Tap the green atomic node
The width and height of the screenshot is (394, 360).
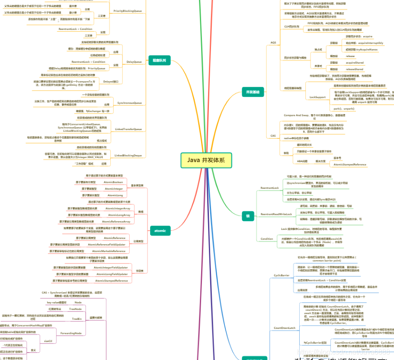click(x=160, y=230)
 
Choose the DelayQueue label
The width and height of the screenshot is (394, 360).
click(x=134, y=62)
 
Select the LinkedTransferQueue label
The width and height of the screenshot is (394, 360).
click(x=128, y=129)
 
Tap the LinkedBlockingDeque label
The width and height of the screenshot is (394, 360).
click(x=128, y=155)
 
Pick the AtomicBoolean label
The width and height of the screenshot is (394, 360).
click(x=114, y=182)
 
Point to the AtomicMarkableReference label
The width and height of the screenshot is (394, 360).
click(x=109, y=251)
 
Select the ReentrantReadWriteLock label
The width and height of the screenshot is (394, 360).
click(x=276, y=214)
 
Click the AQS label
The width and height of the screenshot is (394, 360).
click(x=273, y=42)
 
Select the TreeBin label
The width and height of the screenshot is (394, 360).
click(x=77, y=319)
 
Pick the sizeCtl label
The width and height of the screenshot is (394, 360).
click(x=48, y=341)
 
